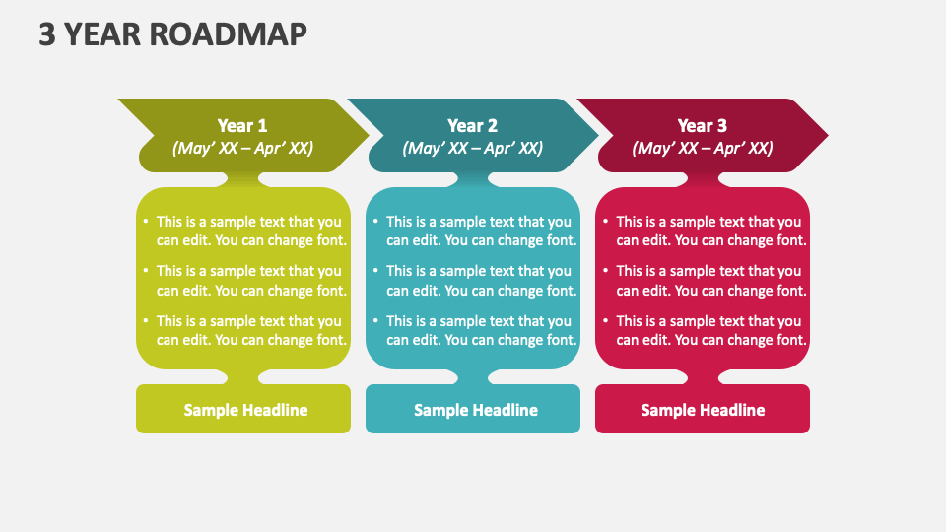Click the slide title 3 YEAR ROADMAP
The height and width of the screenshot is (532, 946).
point(172,33)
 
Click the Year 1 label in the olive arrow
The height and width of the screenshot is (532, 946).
point(242,125)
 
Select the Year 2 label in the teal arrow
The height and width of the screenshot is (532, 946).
point(472,125)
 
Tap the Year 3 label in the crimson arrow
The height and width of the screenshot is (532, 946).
point(703,125)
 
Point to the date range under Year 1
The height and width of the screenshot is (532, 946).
point(242,148)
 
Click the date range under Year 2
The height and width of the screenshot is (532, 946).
point(472,148)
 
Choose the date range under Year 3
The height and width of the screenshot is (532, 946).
point(703,148)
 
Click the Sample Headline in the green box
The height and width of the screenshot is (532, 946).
point(245,410)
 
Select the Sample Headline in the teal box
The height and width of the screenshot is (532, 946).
point(475,410)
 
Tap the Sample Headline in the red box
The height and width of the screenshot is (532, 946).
point(703,410)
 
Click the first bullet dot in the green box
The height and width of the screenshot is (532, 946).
point(146,223)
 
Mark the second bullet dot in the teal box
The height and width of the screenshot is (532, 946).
point(375,272)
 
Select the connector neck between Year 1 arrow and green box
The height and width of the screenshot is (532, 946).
point(243,179)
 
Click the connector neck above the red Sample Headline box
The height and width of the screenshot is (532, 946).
point(703,377)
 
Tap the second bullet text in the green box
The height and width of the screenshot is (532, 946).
point(251,281)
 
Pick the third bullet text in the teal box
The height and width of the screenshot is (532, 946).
point(481,330)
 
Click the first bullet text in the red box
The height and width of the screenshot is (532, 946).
point(711,231)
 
